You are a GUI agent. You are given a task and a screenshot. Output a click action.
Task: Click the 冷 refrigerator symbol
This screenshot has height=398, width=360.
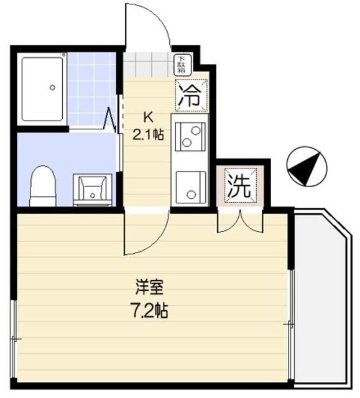tap(190, 95)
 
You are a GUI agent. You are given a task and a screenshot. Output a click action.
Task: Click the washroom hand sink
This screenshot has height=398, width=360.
tap(92, 188)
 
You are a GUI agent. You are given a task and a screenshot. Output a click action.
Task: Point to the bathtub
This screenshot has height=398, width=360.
tap(42, 89)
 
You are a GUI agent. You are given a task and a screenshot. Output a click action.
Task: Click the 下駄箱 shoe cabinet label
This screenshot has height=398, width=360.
tap(183, 62)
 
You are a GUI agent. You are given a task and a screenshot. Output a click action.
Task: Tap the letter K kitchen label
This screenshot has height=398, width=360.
tap(148, 117)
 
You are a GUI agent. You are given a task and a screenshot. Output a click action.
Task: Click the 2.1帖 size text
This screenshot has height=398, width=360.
tap(148, 134)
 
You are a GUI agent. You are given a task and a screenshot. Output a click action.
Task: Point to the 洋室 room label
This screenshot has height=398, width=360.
tap(150, 288)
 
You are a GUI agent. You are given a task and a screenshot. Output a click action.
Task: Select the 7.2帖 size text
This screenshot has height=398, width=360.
tap(150, 309)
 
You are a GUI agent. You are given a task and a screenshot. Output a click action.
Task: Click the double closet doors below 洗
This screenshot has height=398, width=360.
tap(240, 222)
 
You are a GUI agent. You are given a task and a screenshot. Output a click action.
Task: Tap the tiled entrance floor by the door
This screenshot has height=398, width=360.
tap(147, 63)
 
